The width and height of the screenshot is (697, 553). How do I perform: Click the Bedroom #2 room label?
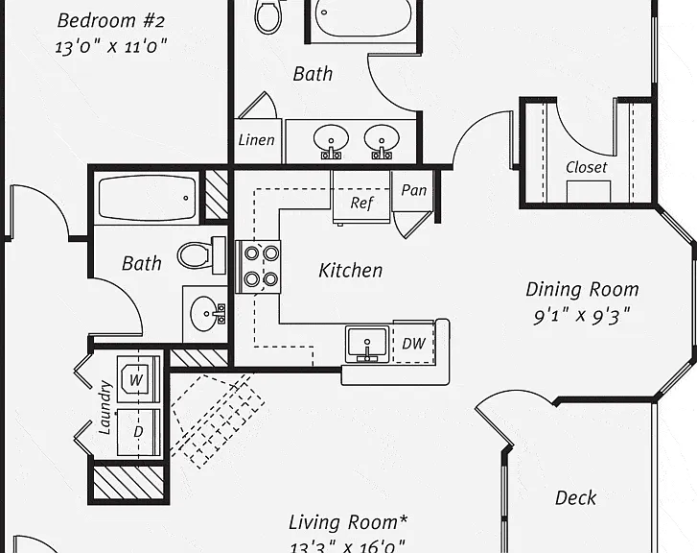110,21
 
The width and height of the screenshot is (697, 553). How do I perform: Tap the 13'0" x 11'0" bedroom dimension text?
110,46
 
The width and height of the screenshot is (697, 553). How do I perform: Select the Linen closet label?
257,140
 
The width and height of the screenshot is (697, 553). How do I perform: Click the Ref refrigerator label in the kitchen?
361,203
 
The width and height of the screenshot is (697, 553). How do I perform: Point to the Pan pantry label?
413,190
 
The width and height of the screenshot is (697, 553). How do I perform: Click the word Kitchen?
350,271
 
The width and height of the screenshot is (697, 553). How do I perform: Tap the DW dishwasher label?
413,344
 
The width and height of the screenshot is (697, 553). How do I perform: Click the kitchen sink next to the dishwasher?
367,344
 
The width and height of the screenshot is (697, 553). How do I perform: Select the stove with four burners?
258,267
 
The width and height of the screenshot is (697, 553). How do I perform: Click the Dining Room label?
582,289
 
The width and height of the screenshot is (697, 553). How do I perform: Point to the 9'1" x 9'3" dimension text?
582,317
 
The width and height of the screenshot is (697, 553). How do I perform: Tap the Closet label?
587,167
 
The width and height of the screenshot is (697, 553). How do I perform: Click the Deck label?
575,497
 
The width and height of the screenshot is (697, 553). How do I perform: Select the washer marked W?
138,379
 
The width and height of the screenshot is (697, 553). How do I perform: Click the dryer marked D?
138,432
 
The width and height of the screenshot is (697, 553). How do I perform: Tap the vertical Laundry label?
105,407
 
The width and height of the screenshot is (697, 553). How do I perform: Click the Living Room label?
348,522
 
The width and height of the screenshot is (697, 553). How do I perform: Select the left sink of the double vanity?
331,140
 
